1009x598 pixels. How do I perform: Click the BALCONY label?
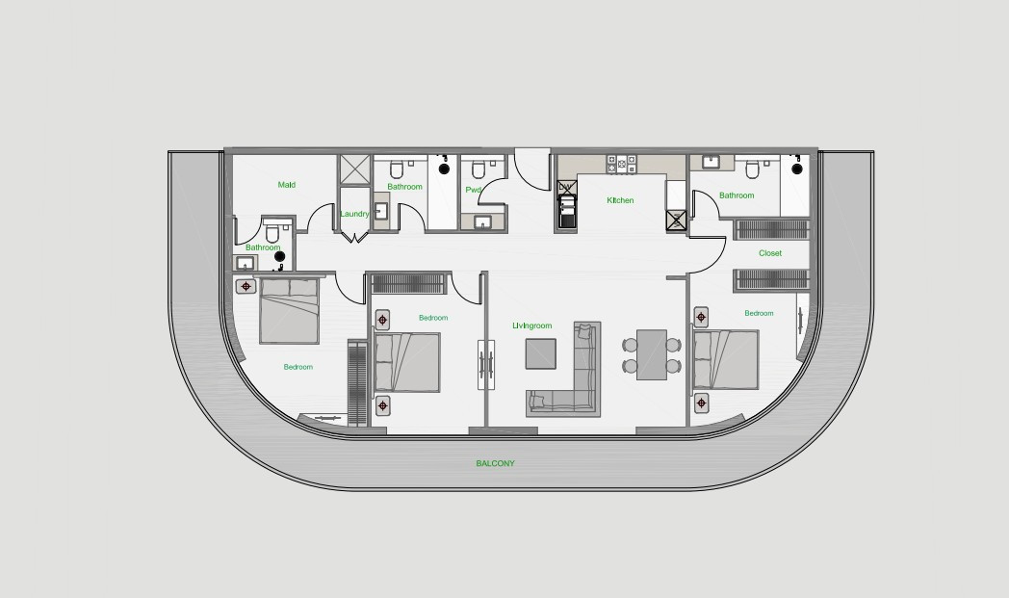[495, 463]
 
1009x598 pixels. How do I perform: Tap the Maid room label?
[286, 185]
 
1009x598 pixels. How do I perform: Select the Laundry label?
[354, 214]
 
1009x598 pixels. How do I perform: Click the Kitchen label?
[620, 200]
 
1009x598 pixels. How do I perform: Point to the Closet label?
[769, 253]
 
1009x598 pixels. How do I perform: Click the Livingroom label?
[532, 325]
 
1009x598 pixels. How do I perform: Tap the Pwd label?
[473, 190]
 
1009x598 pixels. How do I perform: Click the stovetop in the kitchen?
[621, 164]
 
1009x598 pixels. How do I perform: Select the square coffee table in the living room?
[540, 353]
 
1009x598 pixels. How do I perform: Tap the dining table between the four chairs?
[651, 354]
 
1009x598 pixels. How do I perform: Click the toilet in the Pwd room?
[479, 169]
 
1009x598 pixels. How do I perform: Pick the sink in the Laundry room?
[380, 211]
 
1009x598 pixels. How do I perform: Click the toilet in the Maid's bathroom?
[272, 232]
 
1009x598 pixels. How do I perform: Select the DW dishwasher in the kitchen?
[565, 189]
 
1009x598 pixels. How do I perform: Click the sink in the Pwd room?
[482, 222]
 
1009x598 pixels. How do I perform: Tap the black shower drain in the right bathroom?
[797, 169]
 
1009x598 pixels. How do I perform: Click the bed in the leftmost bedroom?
[289, 310]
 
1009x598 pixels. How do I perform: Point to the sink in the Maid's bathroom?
[245, 263]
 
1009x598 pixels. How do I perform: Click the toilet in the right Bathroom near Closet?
[752, 169]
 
